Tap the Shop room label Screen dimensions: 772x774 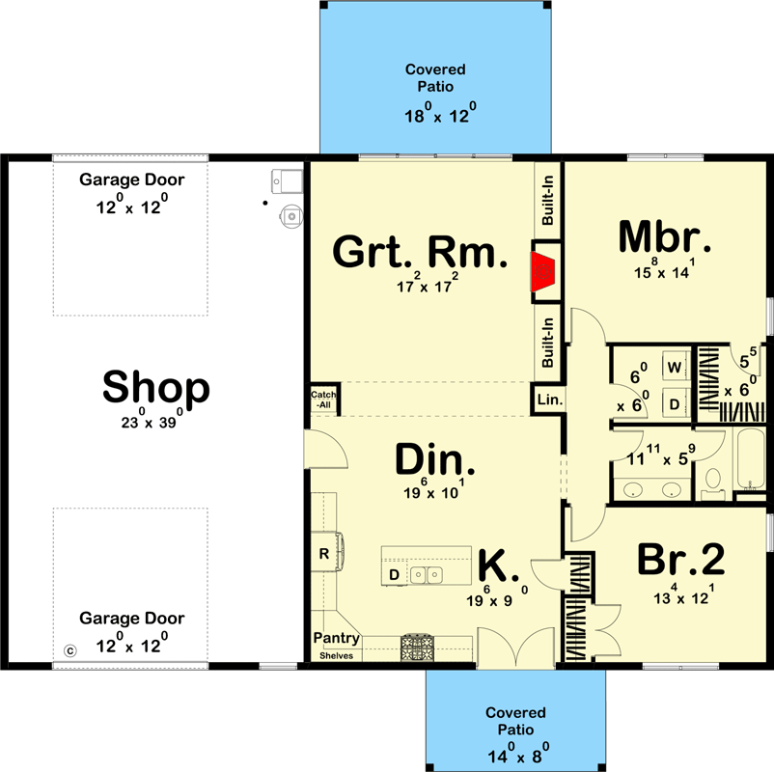(x=155, y=388)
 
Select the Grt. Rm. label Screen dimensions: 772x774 (x=419, y=253)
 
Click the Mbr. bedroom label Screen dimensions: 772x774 (x=665, y=235)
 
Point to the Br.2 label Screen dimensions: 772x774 (x=680, y=560)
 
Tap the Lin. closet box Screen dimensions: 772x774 (x=547, y=399)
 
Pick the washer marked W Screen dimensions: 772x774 (x=675, y=368)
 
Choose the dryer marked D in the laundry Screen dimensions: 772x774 (x=675, y=403)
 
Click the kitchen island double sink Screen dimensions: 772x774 (x=425, y=575)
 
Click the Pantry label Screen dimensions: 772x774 (x=336, y=639)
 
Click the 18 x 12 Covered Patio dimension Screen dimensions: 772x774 (x=435, y=116)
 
